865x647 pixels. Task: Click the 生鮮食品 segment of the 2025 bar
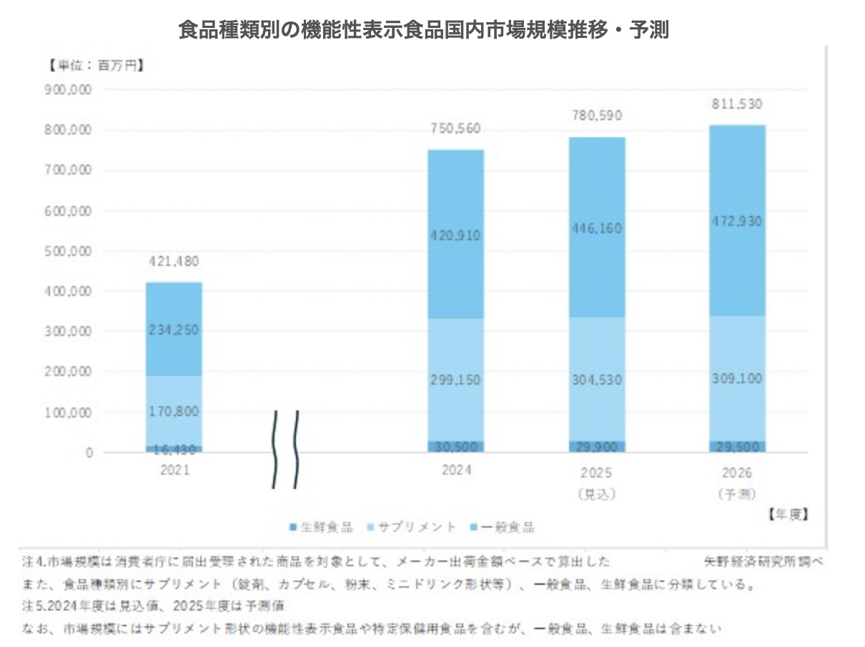click(597, 447)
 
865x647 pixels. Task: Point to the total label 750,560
click(455, 129)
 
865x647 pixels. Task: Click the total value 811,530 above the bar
click(738, 104)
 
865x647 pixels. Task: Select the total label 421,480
click(174, 262)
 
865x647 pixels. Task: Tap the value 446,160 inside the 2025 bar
click(597, 229)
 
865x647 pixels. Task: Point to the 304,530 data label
click(597, 379)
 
